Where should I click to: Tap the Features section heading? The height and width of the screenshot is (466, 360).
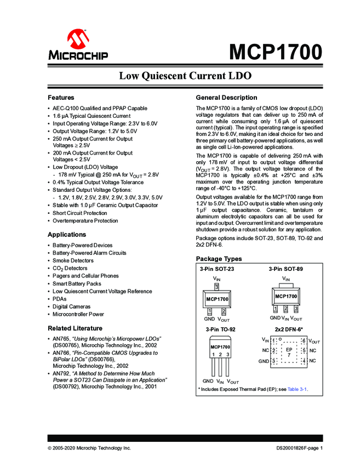(61, 97)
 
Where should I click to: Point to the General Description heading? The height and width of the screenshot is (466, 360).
(226, 98)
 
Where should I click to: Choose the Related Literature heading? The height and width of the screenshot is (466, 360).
(75, 328)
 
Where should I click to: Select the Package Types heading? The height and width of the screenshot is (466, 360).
(219, 259)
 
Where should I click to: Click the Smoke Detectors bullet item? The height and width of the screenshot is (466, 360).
(73, 260)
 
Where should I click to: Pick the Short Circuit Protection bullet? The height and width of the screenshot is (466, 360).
(80, 213)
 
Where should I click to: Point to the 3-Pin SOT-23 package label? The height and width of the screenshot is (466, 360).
(216, 269)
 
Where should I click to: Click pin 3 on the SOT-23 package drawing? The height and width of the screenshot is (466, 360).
(216, 287)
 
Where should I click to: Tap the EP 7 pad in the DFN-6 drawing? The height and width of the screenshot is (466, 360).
(289, 351)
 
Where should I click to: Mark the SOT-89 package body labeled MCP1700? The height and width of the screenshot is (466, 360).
(286, 296)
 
